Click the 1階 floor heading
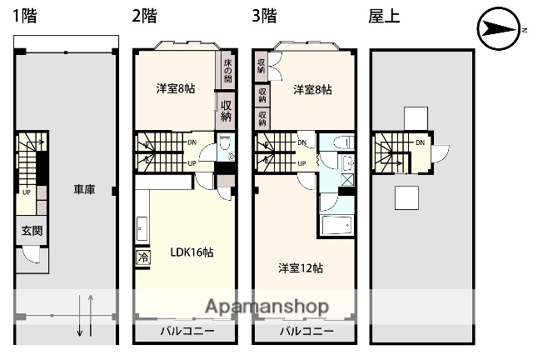[x=24, y=16]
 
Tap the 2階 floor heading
[x=143, y=16]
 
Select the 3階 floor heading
[x=264, y=16]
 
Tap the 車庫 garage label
[x=83, y=190]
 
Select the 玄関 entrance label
[x=32, y=231]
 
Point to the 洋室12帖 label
[x=301, y=267]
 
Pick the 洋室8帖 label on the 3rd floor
[x=311, y=89]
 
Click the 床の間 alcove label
[x=227, y=72]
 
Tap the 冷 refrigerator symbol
[x=142, y=258]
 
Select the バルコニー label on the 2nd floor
[x=187, y=331]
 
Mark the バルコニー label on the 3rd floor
[x=306, y=331]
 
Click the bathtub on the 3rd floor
[x=337, y=226]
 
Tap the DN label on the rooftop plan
[x=421, y=142]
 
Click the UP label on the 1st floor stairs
[x=27, y=191]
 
